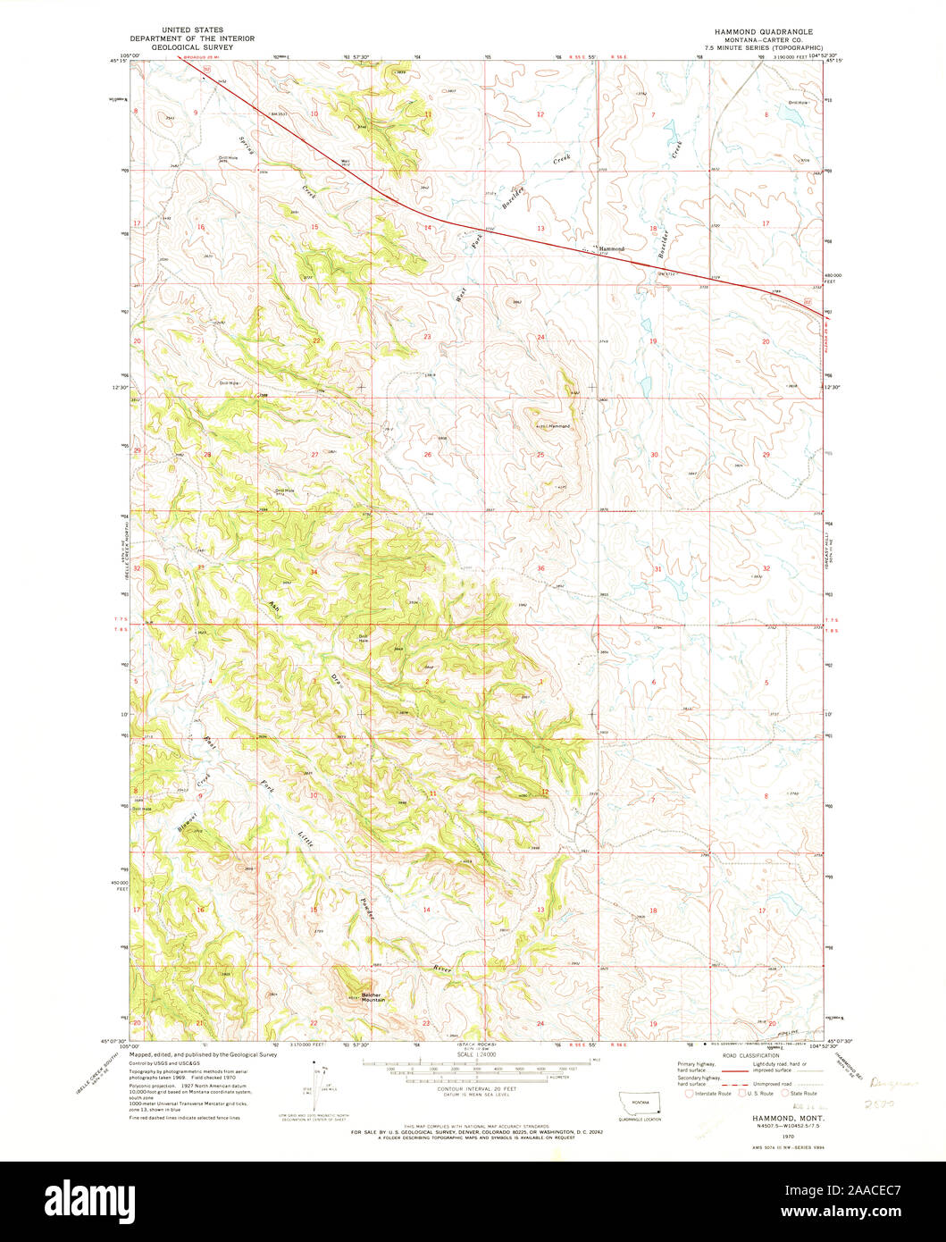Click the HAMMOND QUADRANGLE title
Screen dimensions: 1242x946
[758, 30]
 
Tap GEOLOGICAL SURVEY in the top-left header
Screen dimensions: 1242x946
[192, 46]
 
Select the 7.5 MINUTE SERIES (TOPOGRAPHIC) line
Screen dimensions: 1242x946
[758, 47]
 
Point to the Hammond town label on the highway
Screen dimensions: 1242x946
[611, 248]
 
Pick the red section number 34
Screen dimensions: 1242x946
[314, 572]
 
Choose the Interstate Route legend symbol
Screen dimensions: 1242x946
[689, 1093]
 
